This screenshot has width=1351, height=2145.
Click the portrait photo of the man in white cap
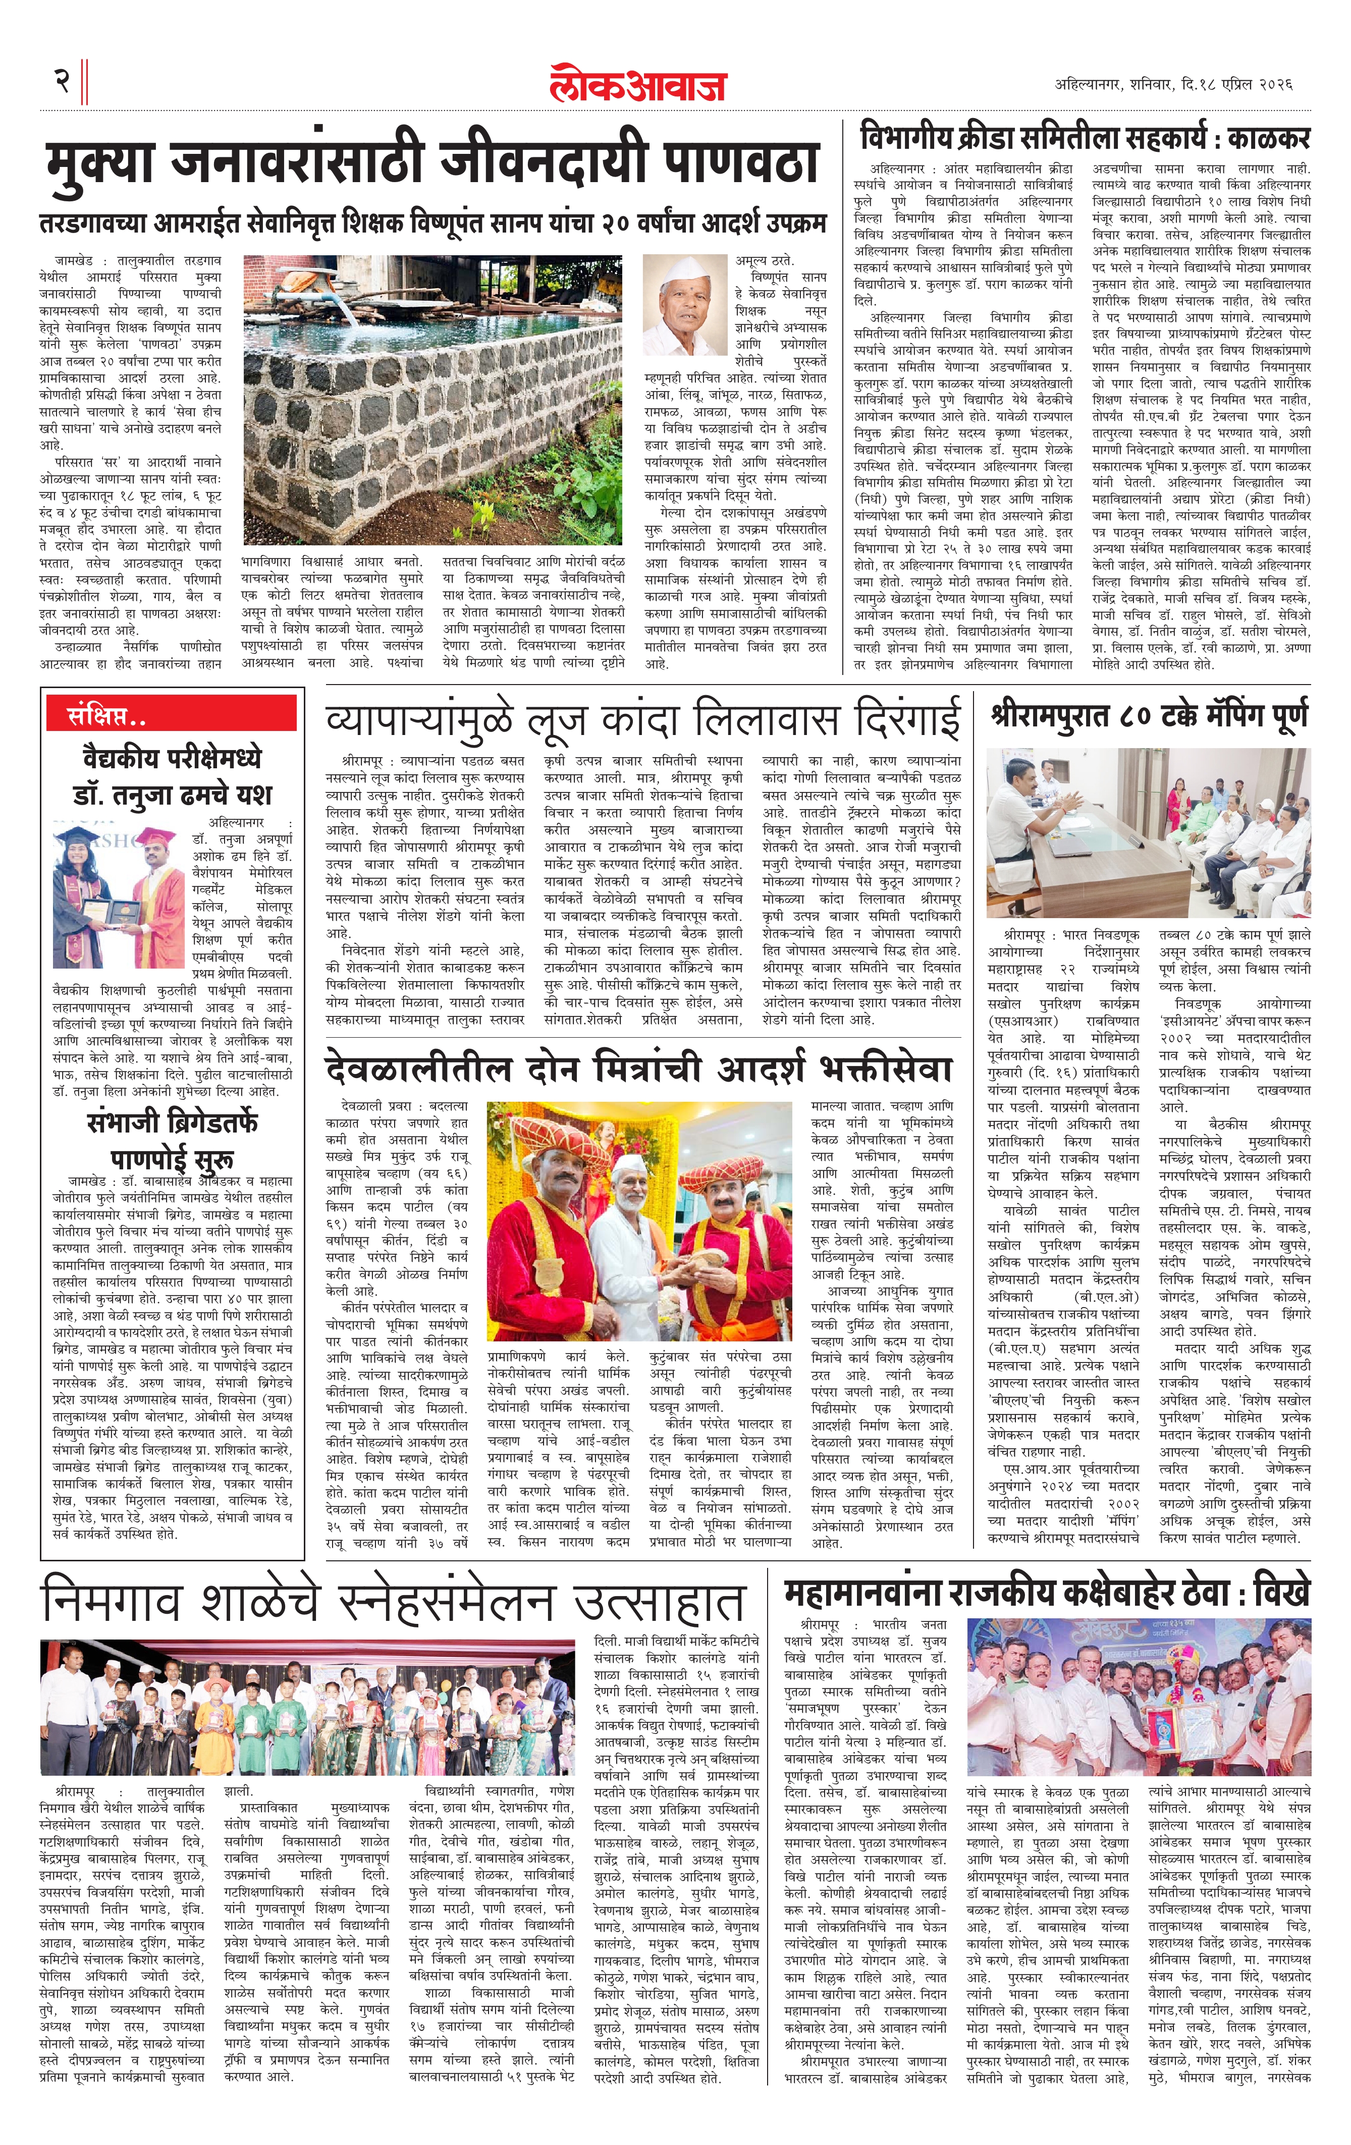684,306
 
